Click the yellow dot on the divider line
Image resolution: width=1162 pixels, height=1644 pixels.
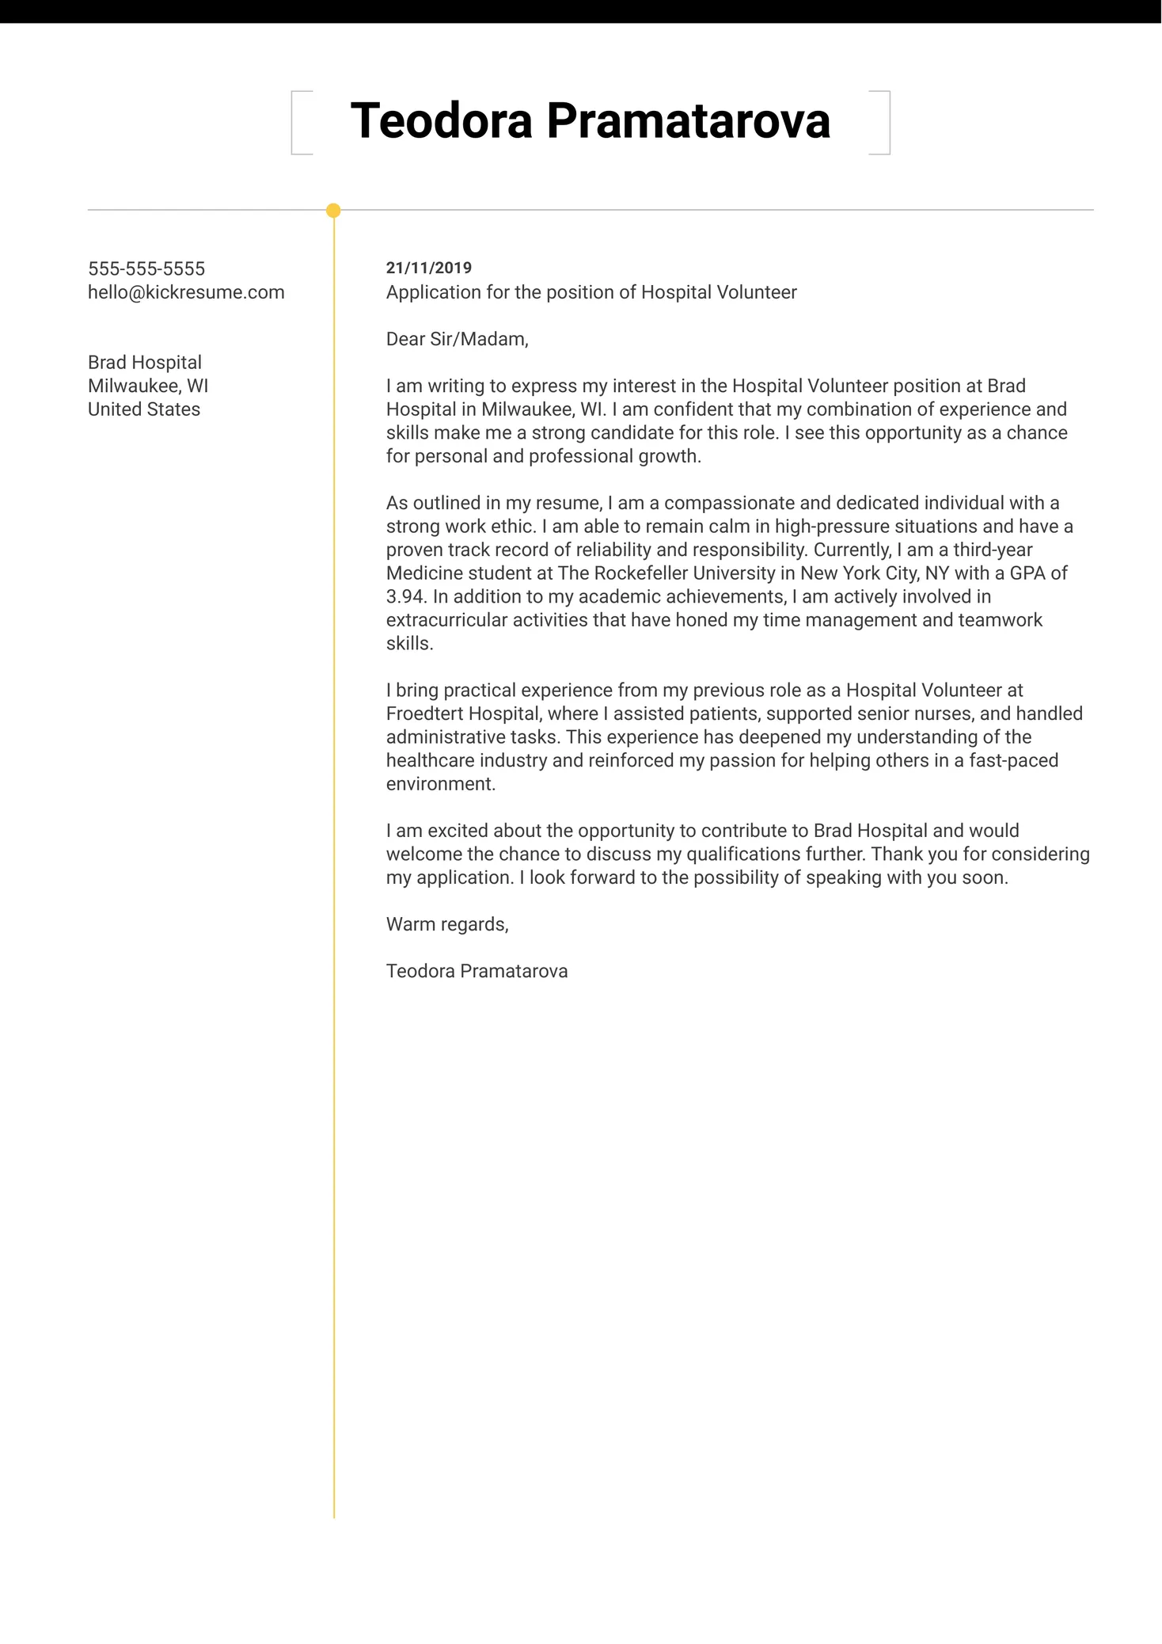click(x=333, y=211)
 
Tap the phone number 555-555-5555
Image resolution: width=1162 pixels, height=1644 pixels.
click(x=146, y=268)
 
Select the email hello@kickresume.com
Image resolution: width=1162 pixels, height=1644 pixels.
click(x=186, y=292)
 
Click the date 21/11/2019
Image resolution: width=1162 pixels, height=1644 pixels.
click(x=428, y=268)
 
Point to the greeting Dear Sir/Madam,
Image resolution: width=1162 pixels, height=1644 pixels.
click(x=457, y=339)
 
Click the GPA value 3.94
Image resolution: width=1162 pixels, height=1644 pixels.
click(x=405, y=596)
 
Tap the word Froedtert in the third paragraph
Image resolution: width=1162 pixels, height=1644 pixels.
click(x=424, y=714)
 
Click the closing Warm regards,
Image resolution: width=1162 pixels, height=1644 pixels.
click(x=447, y=924)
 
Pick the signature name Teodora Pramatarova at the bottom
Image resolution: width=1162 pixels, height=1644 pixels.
click(x=477, y=971)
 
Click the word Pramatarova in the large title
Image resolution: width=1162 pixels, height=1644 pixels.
click(x=688, y=121)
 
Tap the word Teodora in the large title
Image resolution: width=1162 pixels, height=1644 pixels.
click(x=441, y=121)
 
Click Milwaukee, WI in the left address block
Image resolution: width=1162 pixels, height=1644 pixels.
click(x=148, y=386)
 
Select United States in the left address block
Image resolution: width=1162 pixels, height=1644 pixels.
click(x=144, y=409)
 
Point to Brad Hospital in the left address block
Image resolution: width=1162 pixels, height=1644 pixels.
click(x=145, y=362)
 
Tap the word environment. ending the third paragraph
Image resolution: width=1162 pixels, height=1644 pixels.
click(x=440, y=784)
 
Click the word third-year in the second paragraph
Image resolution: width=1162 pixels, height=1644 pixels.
click(x=993, y=550)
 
